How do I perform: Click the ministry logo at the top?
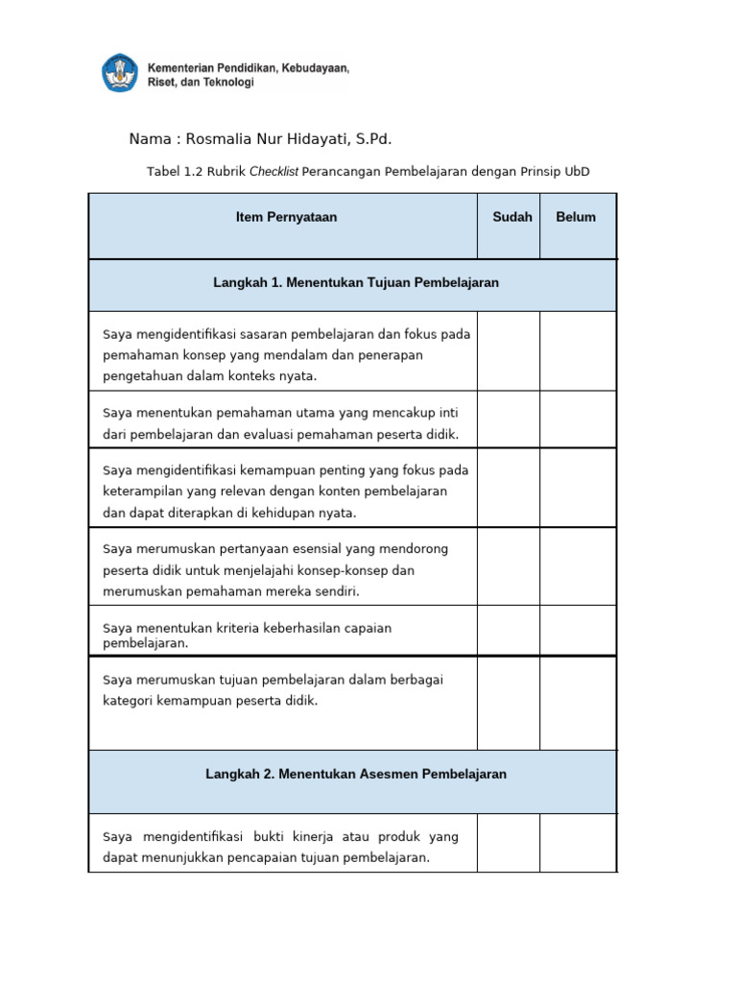(x=120, y=74)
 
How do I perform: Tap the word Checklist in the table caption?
(x=273, y=172)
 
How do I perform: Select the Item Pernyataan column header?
(x=286, y=217)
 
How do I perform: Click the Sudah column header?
(x=512, y=217)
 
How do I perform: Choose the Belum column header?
(x=576, y=217)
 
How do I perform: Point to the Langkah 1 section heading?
(x=355, y=283)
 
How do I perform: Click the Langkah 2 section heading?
(x=355, y=774)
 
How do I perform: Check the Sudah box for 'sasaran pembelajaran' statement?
(x=509, y=351)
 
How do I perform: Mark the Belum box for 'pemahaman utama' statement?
(x=578, y=420)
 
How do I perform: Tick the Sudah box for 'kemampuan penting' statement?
(x=509, y=488)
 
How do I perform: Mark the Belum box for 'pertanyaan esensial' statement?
(x=578, y=566)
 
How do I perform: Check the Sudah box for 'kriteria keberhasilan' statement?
(x=509, y=631)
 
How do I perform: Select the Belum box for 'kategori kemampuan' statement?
(x=578, y=703)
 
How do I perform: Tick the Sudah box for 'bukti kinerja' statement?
(x=509, y=843)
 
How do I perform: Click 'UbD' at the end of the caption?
(x=578, y=172)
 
